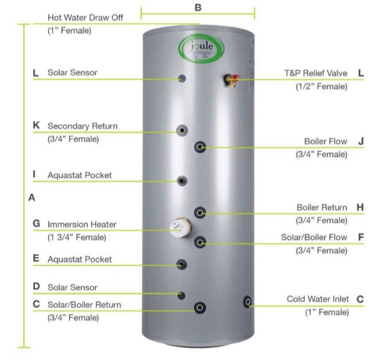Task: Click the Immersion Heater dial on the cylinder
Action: [180, 228]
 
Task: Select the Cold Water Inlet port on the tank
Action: [248, 301]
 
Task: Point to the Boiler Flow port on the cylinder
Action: [200, 148]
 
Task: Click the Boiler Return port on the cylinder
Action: [200, 213]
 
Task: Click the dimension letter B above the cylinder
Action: [198, 7]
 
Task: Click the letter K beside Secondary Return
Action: [36, 126]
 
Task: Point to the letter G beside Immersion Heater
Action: [36, 224]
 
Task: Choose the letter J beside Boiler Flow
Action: [360, 141]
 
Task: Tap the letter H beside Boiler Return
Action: [360, 207]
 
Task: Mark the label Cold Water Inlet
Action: [317, 299]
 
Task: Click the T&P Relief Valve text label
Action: [316, 73]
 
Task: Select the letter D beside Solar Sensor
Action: [36, 287]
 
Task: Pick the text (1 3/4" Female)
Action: [77, 237]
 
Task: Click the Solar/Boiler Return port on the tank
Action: [199, 308]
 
